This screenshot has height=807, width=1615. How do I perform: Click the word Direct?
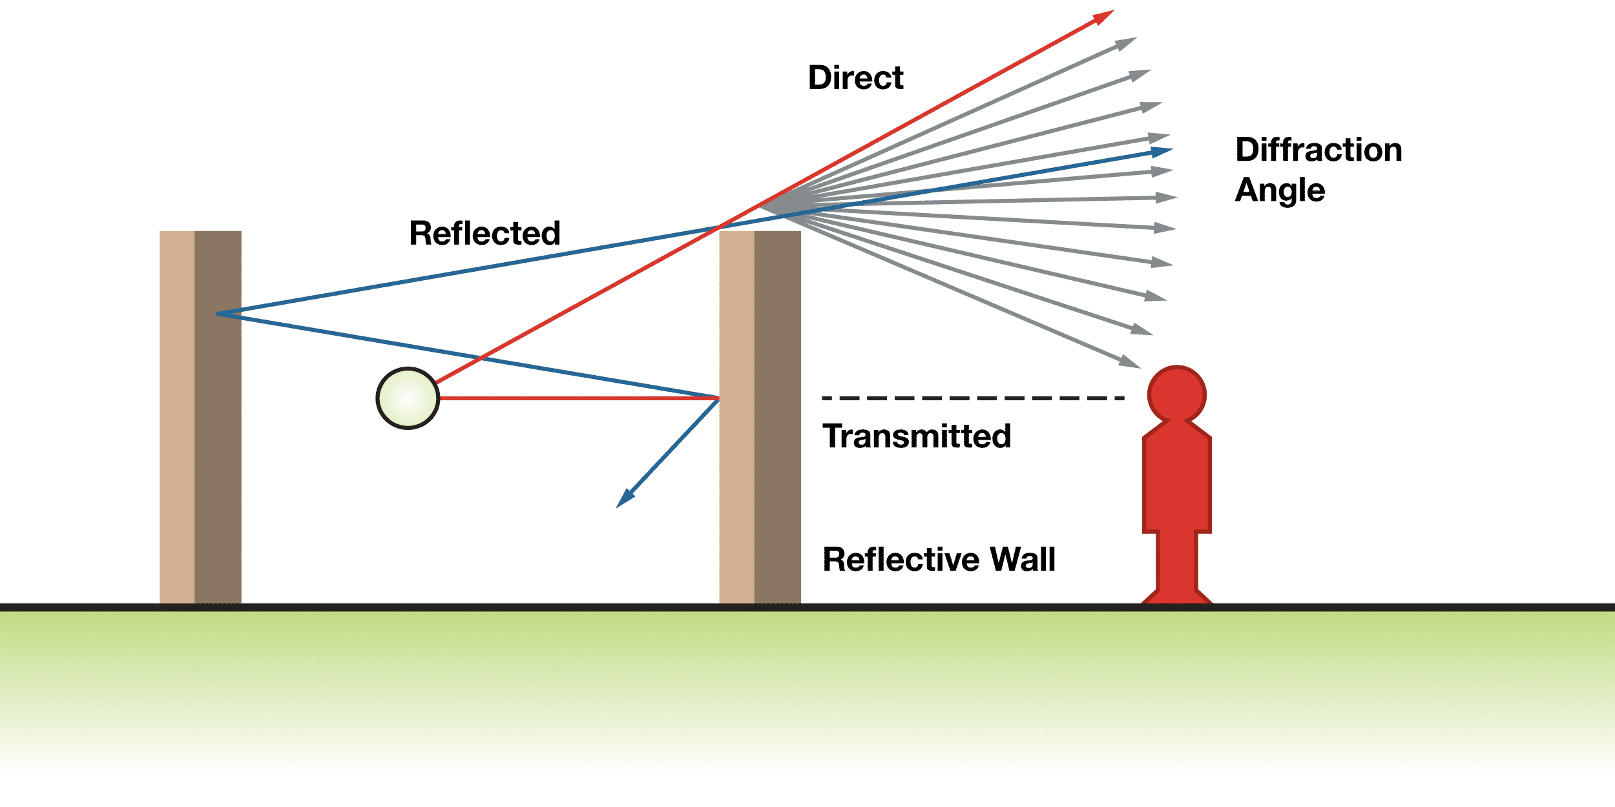[855, 78]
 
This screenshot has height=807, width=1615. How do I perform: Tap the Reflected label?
[484, 234]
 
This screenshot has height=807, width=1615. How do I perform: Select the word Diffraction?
[1318, 150]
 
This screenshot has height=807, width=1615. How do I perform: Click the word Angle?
[1280, 190]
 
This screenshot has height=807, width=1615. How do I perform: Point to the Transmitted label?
[916, 436]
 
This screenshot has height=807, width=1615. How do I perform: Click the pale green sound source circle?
[408, 398]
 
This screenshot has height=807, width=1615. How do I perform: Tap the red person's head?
[1176, 394]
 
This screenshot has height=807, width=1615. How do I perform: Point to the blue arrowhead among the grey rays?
[1162, 152]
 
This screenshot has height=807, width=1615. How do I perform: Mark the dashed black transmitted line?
[972, 398]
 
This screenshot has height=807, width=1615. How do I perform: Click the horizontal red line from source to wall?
[578, 398]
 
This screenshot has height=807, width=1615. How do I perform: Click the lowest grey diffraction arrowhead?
[1130, 362]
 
